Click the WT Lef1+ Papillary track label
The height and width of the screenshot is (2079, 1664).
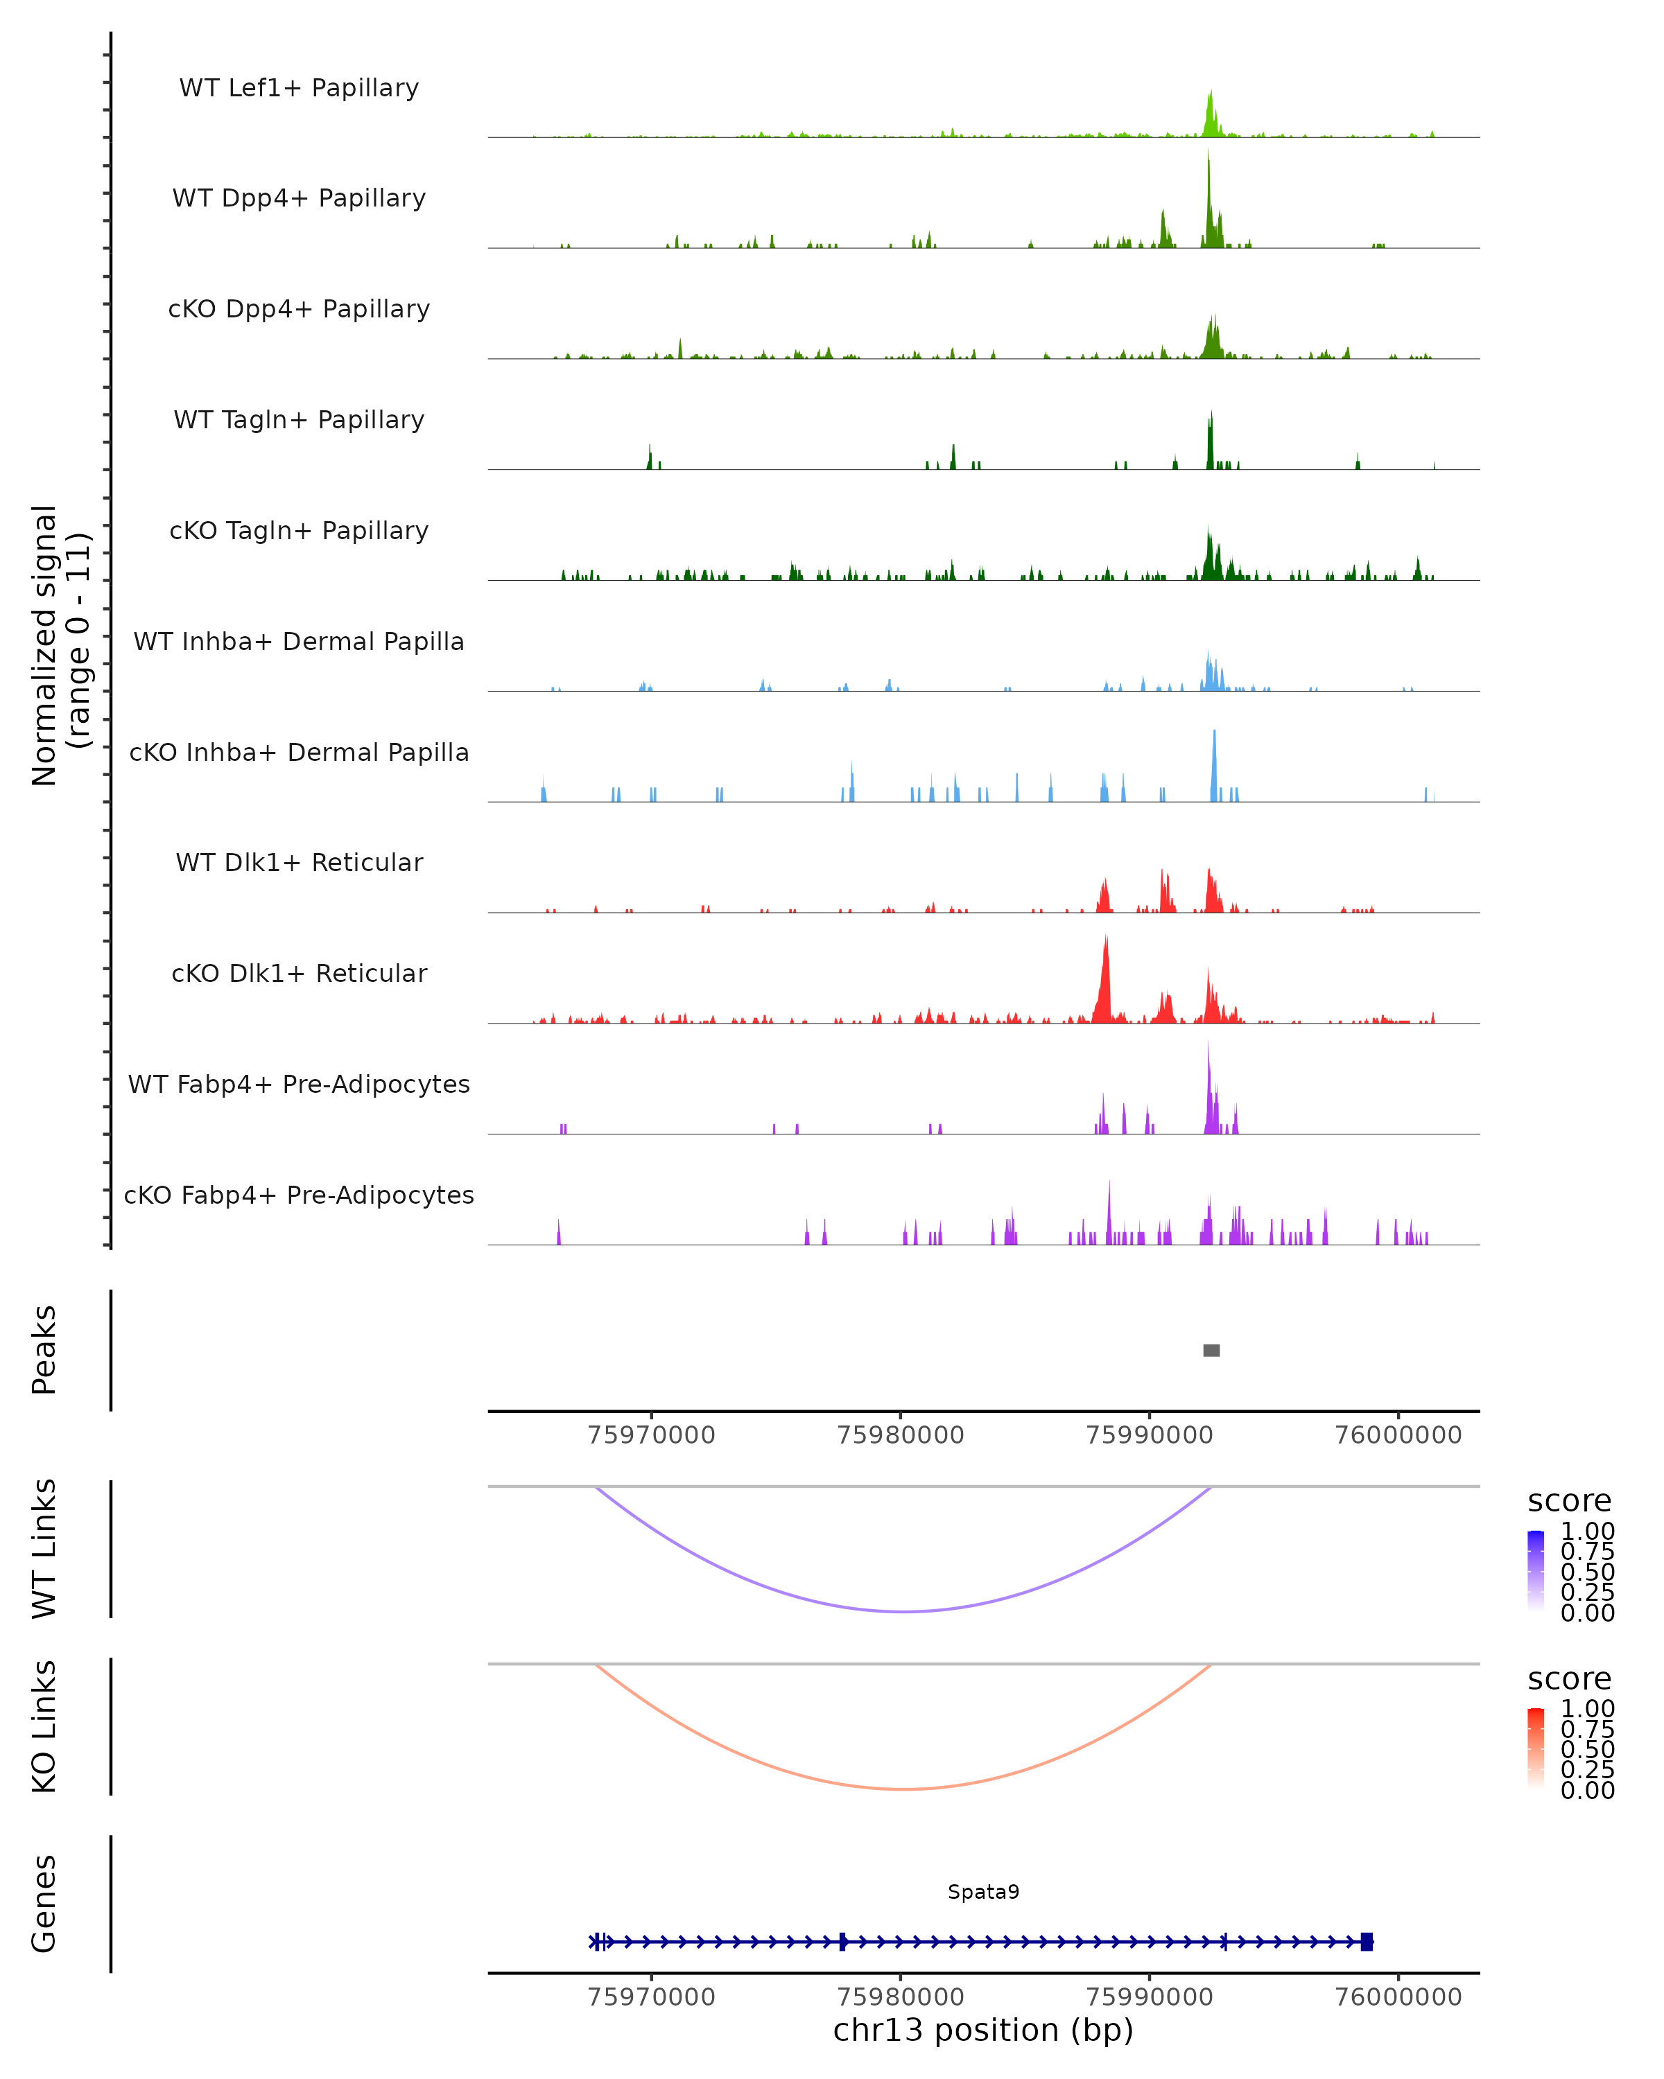coord(299,88)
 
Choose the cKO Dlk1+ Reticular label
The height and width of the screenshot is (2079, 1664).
coord(299,973)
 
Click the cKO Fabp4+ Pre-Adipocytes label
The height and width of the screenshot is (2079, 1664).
coord(299,1195)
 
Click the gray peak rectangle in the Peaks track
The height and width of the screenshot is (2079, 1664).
coord(1211,1350)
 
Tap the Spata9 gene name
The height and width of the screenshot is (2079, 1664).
coord(983,1891)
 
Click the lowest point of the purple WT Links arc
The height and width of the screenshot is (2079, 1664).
coord(903,1611)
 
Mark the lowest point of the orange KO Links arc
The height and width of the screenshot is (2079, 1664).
coord(903,1789)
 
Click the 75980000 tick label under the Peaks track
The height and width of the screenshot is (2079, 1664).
coord(900,1435)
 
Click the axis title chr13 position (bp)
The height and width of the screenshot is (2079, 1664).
coord(983,2030)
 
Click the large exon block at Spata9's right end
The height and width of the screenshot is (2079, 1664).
coord(1366,1941)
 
